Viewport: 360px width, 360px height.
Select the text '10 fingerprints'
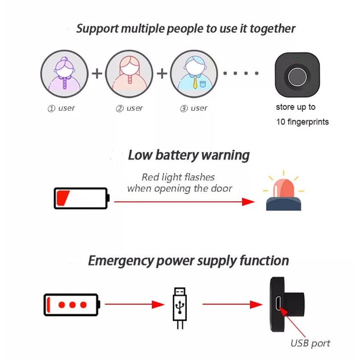pos(302,122)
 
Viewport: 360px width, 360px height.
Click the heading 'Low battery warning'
pos(189,156)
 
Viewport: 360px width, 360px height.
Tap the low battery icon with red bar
pos(81,198)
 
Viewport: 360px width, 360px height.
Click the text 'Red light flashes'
pos(178,177)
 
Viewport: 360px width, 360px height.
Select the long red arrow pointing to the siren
pos(184,202)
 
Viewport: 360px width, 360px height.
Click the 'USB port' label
pos(310,343)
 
